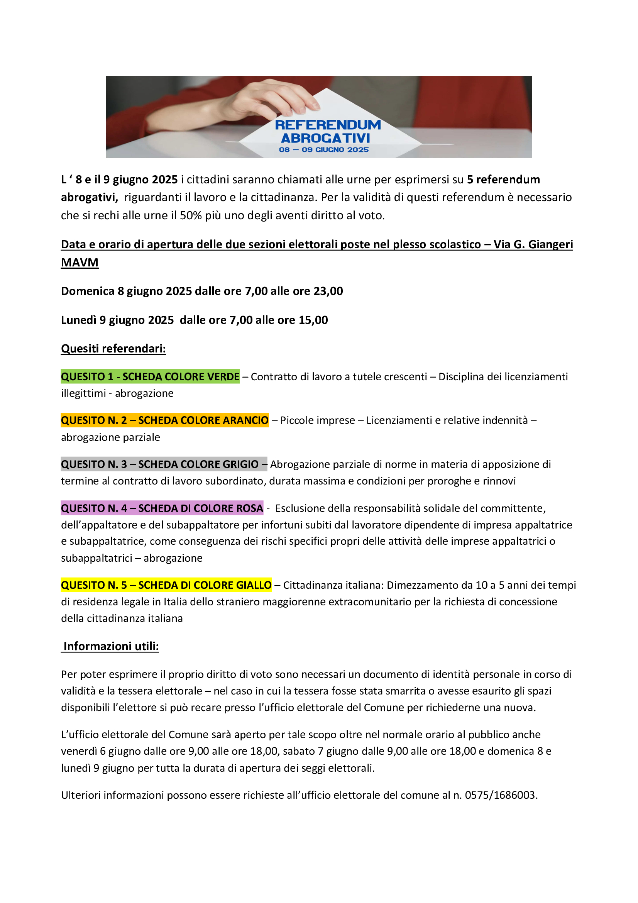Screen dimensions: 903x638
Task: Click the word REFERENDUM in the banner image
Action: pyautogui.click(x=327, y=125)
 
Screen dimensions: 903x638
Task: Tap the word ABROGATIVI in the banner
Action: pyautogui.click(x=325, y=139)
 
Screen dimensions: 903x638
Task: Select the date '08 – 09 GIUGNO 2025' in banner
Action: pyautogui.click(x=323, y=150)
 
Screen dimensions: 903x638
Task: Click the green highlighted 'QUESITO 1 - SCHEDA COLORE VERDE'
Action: pyautogui.click(x=150, y=377)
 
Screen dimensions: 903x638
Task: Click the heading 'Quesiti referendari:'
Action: pyautogui.click(x=113, y=349)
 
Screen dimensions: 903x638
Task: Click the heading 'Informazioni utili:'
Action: pyautogui.click(x=111, y=646)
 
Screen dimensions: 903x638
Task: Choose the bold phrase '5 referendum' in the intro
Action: pyautogui.click(x=503, y=180)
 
